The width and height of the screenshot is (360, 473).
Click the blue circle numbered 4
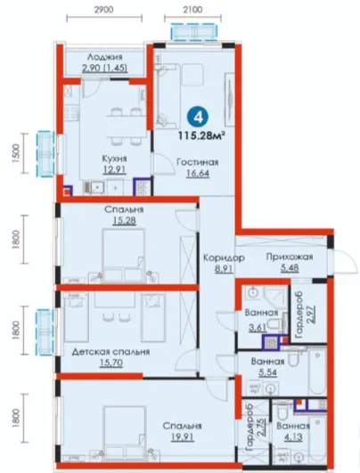coord(199,118)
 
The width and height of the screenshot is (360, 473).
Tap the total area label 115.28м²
coord(202,135)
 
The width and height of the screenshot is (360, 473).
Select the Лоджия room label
coord(105,57)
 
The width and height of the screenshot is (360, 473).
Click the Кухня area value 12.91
coord(114,170)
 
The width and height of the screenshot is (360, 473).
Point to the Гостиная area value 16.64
coord(197,174)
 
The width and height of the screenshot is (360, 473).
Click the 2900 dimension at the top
coord(104,10)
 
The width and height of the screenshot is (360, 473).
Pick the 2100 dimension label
coord(192,10)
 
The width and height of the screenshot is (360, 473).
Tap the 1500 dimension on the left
coord(16,153)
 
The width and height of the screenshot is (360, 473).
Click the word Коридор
coord(224,258)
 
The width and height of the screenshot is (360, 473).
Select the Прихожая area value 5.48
coord(290,268)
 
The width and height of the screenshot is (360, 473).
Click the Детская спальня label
coord(110,352)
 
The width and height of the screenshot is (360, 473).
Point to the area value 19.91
coord(183,437)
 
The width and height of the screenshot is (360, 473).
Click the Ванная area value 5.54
coord(267,373)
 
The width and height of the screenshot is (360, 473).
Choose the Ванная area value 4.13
coord(293,437)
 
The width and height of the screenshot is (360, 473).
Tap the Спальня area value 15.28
coord(125,221)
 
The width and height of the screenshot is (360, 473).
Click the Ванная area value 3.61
coord(258,328)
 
